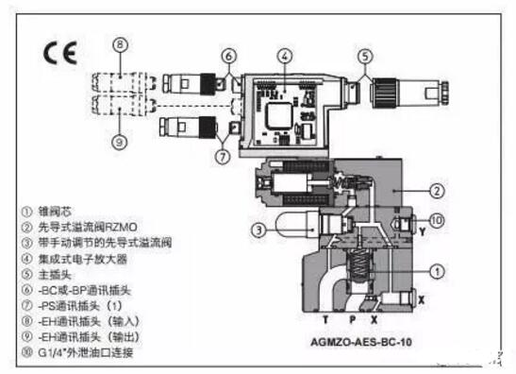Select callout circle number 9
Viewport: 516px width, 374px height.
pyautogui.click(x=119, y=144)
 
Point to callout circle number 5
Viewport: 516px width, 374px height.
pyautogui.click(x=365, y=57)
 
